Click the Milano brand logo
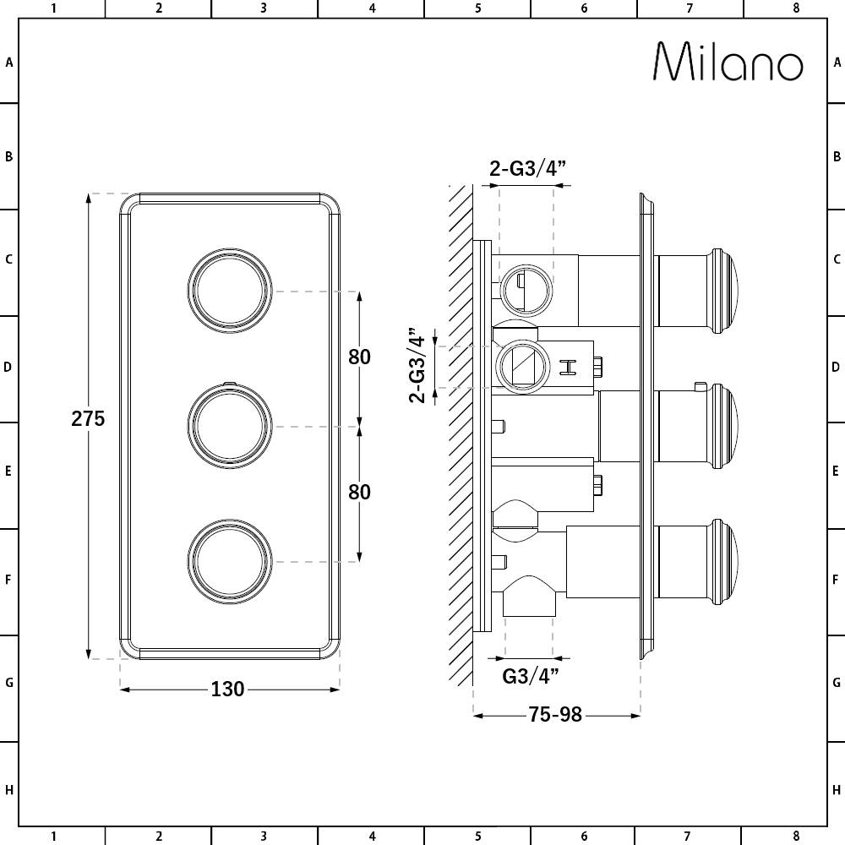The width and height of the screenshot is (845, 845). click(728, 62)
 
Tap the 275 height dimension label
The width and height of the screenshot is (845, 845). click(88, 419)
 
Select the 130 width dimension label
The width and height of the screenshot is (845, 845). click(227, 690)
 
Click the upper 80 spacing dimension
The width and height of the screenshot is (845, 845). click(359, 357)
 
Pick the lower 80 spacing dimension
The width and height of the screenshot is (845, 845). click(359, 492)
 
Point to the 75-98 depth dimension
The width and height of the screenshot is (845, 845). click(555, 715)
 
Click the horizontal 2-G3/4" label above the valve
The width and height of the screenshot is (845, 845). click(527, 169)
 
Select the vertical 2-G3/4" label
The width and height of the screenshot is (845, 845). click(417, 365)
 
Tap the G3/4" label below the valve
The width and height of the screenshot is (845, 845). click(531, 676)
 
